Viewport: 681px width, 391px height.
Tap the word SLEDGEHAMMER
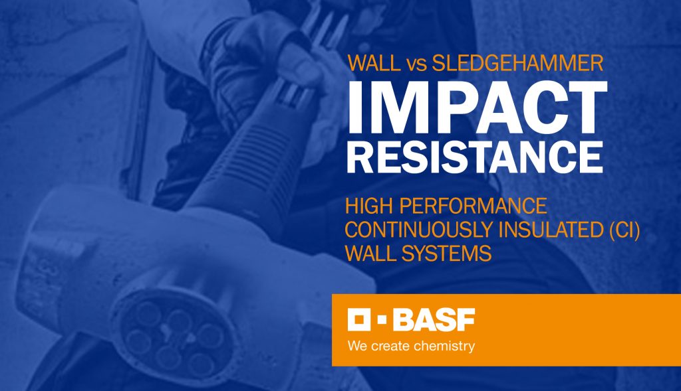517,64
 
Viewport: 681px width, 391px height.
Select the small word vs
416,65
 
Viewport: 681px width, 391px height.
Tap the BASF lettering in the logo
433,321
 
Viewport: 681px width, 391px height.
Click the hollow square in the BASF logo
358,321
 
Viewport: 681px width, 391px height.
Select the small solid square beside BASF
382,321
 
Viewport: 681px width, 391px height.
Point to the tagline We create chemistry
411,346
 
